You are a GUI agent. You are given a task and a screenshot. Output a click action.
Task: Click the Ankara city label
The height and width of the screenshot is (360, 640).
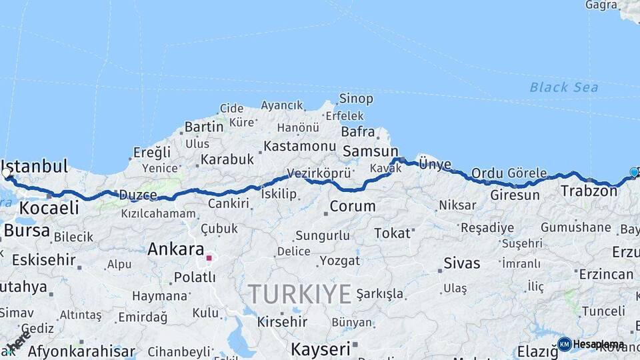(x=175, y=249)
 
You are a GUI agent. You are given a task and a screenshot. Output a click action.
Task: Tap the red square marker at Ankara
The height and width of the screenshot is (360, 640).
(x=209, y=257)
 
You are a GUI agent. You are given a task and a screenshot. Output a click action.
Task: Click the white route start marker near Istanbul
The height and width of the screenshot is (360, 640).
(x=7, y=173)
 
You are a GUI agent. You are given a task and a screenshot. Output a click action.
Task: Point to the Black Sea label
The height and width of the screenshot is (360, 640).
(x=563, y=87)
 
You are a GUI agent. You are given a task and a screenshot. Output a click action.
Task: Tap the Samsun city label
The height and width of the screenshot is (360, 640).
(x=370, y=151)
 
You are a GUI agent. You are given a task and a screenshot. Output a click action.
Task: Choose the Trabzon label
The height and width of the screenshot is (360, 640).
(x=589, y=191)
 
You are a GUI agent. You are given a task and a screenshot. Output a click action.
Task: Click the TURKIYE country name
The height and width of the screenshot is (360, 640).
(x=299, y=294)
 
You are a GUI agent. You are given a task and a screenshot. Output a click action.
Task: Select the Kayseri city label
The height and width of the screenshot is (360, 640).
(x=321, y=348)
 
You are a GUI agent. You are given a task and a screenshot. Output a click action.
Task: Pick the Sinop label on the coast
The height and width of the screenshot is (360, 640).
(x=356, y=99)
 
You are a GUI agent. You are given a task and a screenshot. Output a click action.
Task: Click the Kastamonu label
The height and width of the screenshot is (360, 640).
(x=299, y=145)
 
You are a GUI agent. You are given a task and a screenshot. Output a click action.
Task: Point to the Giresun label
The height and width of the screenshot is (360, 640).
(x=515, y=195)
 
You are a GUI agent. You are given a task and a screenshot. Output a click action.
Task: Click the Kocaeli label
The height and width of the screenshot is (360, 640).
(x=49, y=207)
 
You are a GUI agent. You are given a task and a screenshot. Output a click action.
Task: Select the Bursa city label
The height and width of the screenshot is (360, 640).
(x=27, y=231)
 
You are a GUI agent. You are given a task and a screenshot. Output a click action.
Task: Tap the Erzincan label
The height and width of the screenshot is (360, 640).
(x=606, y=274)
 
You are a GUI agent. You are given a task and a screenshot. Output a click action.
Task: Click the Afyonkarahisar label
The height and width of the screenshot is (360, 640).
(x=81, y=351)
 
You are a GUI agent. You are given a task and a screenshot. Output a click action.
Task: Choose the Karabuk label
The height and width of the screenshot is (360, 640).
(x=227, y=159)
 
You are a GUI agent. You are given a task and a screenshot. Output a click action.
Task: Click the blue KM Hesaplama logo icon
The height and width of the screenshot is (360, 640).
(x=565, y=344)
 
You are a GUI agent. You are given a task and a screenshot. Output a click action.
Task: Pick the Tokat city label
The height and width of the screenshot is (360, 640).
(x=392, y=233)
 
